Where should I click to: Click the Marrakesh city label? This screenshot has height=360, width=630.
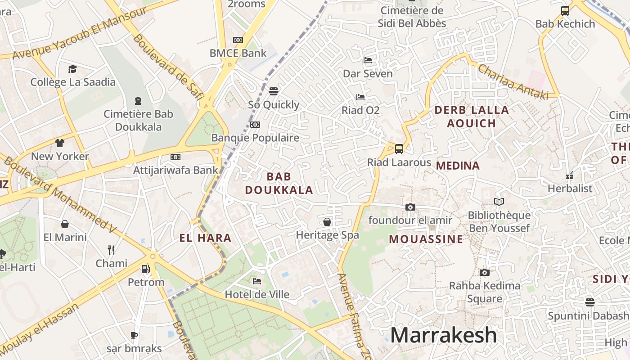(443, 335)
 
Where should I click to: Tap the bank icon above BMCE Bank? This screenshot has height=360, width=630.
(238, 40)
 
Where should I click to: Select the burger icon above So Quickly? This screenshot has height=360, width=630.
(273, 91)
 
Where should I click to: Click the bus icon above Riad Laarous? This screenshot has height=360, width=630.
(399, 149)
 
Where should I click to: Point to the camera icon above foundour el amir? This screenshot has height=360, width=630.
(410, 207)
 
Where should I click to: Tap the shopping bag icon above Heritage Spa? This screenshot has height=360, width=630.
(327, 222)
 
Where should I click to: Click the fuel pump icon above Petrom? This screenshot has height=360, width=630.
(145, 269)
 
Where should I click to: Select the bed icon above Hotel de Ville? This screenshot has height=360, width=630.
(257, 281)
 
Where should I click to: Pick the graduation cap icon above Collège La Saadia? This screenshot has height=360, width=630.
(72, 69)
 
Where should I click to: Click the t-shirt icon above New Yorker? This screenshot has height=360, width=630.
(60, 143)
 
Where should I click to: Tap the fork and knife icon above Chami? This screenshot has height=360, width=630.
(111, 250)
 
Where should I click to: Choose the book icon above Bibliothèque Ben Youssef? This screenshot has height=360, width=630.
(499, 202)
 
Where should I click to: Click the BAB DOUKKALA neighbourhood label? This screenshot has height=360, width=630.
(279, 183)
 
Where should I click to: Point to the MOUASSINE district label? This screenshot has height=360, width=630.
(426, 239)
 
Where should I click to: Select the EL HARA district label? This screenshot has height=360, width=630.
(205, 238)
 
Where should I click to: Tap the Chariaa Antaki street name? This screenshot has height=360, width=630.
(513, 82)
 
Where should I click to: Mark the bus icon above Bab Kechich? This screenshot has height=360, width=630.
(565, 11)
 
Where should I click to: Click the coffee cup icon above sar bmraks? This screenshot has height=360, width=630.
(134, 335)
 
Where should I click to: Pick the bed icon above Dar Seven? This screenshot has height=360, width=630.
(368, 60)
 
